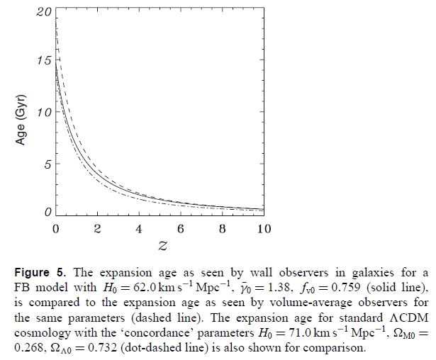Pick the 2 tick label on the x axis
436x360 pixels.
point(98,229)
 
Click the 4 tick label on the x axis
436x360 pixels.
point(139,229)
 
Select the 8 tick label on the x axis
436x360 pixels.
point(223,229)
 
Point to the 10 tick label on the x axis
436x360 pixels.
point(264,229)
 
